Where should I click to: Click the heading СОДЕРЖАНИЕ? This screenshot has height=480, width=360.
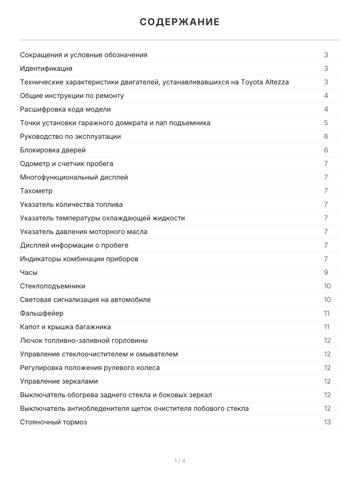180,22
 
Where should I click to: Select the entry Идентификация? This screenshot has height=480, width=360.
46,68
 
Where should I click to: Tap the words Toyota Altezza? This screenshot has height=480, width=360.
265,82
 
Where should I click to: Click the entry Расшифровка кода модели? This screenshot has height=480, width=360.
66,109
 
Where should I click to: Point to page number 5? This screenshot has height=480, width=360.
326,123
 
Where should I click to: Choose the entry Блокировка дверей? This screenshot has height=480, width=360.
53,150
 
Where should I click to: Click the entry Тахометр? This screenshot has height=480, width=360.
36,191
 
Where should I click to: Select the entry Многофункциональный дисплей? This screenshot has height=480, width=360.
74,177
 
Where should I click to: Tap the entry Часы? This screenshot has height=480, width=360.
29,272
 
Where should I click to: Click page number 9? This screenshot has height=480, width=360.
326,272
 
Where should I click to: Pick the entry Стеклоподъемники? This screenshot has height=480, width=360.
52,286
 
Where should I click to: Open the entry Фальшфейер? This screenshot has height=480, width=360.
42,313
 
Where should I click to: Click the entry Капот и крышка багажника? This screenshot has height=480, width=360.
66,327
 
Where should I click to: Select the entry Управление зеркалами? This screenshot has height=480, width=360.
59,381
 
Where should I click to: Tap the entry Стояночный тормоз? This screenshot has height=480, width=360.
54,422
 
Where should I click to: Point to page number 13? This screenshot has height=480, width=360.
327,422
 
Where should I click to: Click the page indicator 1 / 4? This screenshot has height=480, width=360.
180,461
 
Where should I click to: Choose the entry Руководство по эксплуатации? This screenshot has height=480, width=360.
70,136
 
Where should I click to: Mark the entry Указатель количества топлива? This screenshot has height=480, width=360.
71,204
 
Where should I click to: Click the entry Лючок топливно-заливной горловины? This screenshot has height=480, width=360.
84,340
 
